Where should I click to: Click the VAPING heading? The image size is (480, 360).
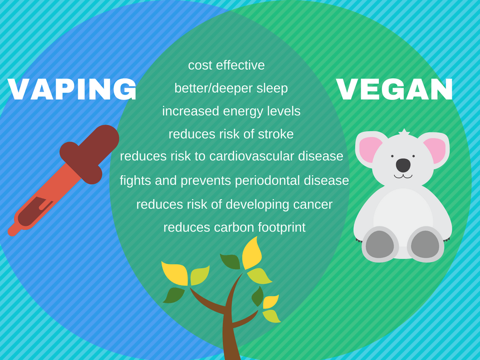[x=72, y=89]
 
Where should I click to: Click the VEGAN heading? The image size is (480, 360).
[x=395, y=89]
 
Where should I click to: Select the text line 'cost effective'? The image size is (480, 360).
[x=226, y=65]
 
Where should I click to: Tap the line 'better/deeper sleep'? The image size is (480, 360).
[x=231, y=88]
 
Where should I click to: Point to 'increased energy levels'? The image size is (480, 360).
[x=231, y=111]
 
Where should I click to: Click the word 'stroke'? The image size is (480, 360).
[x=275, y=134]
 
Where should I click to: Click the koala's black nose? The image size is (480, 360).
[x=403, y=165]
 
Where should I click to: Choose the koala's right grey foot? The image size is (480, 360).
[x=425, y=244]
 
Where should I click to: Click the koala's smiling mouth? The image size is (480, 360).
[x=403, y=176]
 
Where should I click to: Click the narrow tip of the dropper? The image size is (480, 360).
[x=13, y=231]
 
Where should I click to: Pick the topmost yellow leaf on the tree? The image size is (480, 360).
[x=252, y=253]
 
